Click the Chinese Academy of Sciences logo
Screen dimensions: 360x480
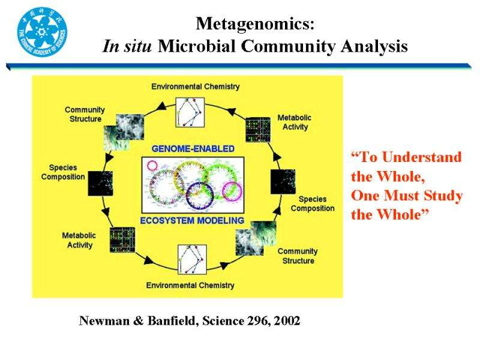(42, 31)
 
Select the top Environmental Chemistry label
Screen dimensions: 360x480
(196, 86)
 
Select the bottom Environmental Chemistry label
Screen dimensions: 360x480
(190, 285)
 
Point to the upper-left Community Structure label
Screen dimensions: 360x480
(85, 114)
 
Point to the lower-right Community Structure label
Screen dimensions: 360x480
(298, 256)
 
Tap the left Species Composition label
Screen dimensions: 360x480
(63, 172)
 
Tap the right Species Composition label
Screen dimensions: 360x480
(313, 203)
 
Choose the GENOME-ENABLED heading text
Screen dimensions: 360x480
(193, 148)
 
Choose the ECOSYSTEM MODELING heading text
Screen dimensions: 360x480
(192, 220)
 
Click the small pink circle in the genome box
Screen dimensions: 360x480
(152, 165)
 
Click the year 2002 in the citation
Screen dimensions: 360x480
(286, 322)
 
